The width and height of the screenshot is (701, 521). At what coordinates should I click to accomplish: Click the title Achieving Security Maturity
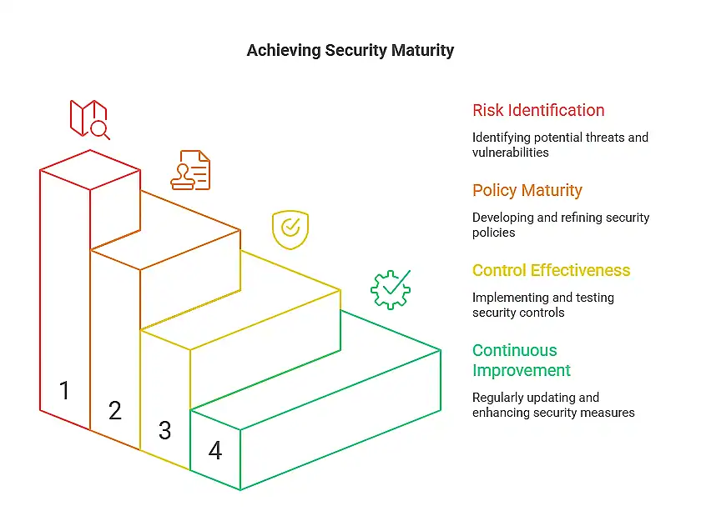click(x=350, y=50)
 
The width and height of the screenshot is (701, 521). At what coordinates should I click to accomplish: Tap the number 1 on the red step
click(x=64, y=389)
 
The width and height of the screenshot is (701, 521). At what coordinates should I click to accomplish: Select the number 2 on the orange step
click(x=115, y=409)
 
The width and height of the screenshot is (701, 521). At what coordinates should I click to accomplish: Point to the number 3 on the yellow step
click(x=165, y=430)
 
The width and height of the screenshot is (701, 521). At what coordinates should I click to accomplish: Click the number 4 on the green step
click(x=215, y=451)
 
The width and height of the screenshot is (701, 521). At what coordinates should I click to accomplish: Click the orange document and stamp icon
click(x=191, y=170)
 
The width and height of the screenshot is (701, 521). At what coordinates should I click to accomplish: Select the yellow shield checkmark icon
click(x=290, y=229)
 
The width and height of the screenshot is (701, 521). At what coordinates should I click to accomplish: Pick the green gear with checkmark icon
click(x=391, y=289)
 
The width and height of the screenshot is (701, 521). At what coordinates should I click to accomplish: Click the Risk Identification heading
click(x=538, y=110)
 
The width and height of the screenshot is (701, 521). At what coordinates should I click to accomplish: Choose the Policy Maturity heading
click(x=527, y=190)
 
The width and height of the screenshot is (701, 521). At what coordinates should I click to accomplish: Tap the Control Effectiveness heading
click(x=552, y=270)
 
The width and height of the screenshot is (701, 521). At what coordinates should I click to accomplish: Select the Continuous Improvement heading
click(x=522, y=360)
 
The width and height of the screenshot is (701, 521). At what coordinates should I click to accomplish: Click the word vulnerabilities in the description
click(x=511, y=153)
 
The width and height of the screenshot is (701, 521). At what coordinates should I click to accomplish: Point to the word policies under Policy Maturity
click(x=494, y=233)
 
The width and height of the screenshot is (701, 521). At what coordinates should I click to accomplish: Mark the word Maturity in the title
click(x=422, y=50)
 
